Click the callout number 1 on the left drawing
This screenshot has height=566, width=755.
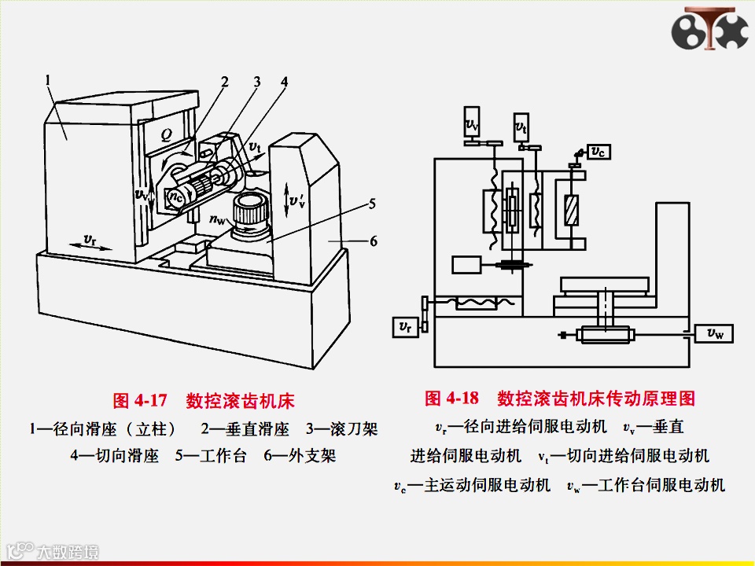[x=49, y=79]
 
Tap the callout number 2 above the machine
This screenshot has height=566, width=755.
[x=225, y=82]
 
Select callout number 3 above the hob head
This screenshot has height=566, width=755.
[x=256, y=82]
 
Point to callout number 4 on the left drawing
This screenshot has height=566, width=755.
[x=284, y=82]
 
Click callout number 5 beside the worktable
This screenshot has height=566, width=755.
[x=371, y=204]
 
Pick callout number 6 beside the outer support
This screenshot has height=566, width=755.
[x=374, y=241]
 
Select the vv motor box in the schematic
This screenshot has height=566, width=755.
[x=472, y=123]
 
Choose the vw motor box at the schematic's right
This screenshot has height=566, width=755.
[x=714, y=334]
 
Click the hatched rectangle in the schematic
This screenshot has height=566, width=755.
[x=571, y=211]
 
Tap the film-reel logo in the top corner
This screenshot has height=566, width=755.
[x=709, y=29]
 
